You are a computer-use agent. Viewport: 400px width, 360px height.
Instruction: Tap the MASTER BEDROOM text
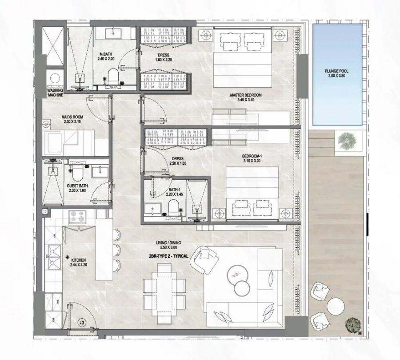click(246, 95)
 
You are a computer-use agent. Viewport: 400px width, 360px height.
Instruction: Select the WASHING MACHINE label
click(56, 92)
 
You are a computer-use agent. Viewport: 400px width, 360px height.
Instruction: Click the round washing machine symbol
click(55, 78)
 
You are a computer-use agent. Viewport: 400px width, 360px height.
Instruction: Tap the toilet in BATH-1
click(172, 206)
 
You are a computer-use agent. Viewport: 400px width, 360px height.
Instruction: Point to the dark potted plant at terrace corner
click(353, 324)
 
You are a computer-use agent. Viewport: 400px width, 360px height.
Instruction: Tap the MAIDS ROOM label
click(72, 118)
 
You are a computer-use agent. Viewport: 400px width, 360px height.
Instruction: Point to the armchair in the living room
click(204, 260)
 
